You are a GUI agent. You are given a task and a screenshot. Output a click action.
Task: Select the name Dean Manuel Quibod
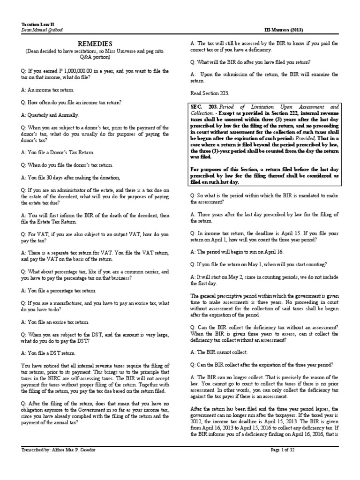(x=43, y=30)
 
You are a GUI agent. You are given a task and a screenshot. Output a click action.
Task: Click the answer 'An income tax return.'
(x=47, y=90)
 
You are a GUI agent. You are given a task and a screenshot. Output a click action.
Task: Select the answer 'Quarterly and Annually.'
(x=51, y=114)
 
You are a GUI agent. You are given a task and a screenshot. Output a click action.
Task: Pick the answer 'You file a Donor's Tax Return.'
(x=58, y=153)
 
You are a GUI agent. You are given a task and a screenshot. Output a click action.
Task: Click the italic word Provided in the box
(x=307, y=139)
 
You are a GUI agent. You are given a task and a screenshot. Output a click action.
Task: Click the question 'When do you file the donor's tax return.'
(x=67, y=165)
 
